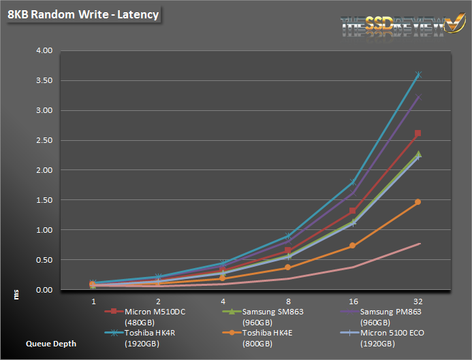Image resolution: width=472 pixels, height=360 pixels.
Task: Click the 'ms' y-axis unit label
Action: click(x=16, y=293)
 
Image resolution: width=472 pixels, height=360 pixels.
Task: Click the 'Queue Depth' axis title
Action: click(x=50, y=344)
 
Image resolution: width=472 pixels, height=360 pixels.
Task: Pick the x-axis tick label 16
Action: click(x=353, y=299)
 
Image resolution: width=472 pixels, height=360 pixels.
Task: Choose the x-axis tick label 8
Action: click(x=288, y=299)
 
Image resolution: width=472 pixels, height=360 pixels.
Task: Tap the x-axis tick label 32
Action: click(x=418, y=299)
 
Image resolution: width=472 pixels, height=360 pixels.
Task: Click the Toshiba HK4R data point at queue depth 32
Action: click(x=418, y=75)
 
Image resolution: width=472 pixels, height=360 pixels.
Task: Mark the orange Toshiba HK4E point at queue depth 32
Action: click(x=418, y=202)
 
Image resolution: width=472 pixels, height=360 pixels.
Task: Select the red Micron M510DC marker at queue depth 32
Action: click(x=418, y=133)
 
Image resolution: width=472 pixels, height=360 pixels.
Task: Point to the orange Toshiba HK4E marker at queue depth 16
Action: click(x=353, y=246)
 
